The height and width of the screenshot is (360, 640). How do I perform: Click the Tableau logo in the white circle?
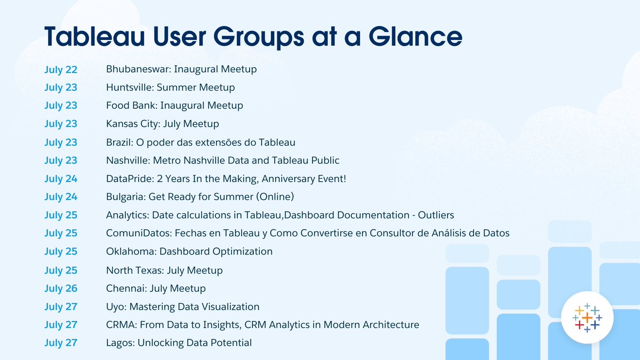pos(587,318)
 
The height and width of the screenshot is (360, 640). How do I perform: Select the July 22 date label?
pos(61,69)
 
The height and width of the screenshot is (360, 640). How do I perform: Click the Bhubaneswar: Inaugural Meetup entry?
pos(181,69)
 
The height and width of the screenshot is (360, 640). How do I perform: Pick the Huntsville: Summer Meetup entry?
pos(170,87)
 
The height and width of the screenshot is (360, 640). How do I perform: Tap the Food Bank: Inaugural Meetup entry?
pos(174,106)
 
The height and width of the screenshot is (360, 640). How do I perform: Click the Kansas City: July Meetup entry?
pos(163,124)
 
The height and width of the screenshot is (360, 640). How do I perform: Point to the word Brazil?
pos(119,142)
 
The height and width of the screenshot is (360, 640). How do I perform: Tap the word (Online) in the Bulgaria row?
pos(275,197)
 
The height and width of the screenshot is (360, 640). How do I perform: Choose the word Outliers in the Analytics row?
pos(436,215)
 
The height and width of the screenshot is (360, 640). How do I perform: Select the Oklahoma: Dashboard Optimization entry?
pos(189,251)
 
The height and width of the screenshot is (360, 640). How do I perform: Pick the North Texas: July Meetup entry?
pos(164,270)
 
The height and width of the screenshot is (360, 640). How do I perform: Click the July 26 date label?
pos(61,289)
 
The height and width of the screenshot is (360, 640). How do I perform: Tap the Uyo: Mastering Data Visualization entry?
pos(183,307)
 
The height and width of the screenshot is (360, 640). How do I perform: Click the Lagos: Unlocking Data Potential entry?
pos(179,343)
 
